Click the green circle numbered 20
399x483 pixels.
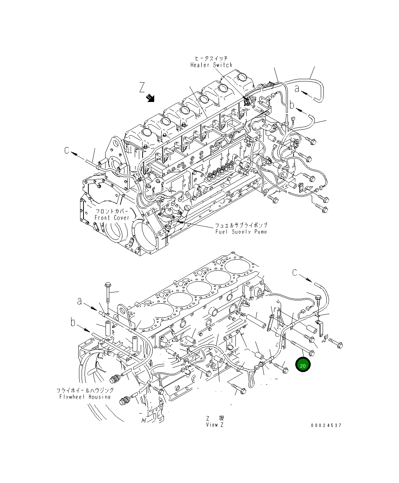303,365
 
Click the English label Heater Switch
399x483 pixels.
211,65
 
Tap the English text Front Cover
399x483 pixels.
112,218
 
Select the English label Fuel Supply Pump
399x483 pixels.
241,232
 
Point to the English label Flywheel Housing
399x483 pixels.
85,397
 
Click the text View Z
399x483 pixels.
214,425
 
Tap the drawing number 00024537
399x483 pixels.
326,425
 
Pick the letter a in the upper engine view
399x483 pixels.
297,89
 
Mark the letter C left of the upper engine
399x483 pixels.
67,150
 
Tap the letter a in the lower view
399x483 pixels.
79,301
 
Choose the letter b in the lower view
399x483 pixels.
73,322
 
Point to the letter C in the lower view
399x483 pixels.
295,273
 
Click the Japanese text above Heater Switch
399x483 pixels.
211,58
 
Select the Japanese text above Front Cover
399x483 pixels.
112,211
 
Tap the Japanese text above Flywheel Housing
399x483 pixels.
85,390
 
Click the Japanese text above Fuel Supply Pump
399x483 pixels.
241,225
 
